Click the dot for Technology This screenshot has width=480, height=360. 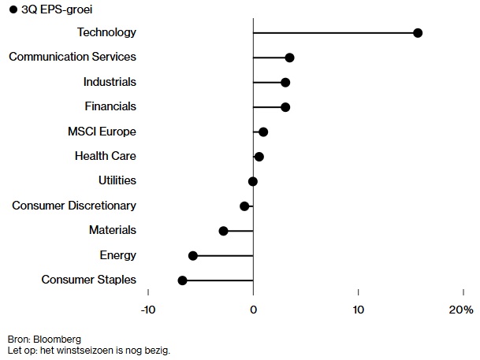tap(418, 33)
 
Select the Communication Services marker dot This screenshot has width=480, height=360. tap(289, 58)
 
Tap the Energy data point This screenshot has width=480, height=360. tap(193, 256)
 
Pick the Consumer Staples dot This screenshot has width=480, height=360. tap(183, 280)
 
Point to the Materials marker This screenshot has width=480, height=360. tap(223, 231)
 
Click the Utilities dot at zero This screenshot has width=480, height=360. tap(253, 181)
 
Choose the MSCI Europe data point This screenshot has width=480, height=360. tap(263, 132)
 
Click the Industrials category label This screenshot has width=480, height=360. tap(110, 82)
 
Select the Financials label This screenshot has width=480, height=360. tap(110, 106)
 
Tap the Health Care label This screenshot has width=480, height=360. tap(106, 156)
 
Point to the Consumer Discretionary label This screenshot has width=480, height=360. tap(74, 206)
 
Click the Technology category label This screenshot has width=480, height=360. tap(106, 32)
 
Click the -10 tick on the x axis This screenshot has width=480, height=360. tap(148, 310)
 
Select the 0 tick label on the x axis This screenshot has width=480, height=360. tap(253, 310)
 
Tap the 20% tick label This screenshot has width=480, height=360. tap(461, 310)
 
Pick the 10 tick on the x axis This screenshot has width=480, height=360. tap(359, 310)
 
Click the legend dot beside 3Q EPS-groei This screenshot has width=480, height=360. tap(13, 9)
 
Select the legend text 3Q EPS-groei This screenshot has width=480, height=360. tap(51, 9)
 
